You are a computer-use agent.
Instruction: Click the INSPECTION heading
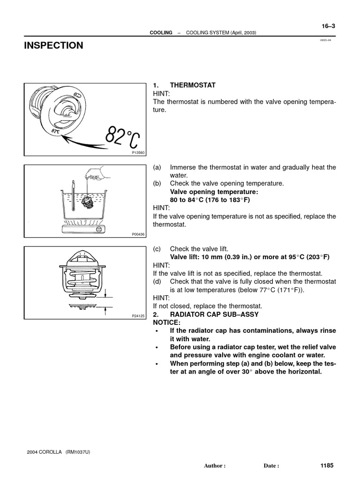[x=53, y=45]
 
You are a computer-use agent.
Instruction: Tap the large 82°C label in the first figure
[x=122, y=137]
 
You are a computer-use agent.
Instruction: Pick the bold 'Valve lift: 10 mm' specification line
[x=249, y=257]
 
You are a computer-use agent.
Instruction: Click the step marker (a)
[x=157, y=167]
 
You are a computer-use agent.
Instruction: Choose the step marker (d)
[x=157, y=281]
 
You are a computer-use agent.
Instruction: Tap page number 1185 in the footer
[x=327, y=465]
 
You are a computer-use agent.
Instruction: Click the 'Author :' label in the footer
[x=215, y=466]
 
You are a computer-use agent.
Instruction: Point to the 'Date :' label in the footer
[x=271, y=466]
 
